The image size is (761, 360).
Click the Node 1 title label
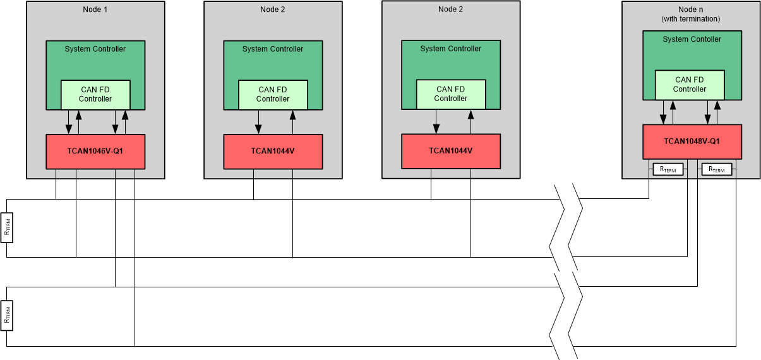tap(95, 9)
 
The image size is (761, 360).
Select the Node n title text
tap(690, 9)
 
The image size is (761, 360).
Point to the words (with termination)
tap(690, 19)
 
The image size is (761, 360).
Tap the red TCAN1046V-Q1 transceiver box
tap(95, 152)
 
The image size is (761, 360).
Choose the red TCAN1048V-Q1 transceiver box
tap(692, 141)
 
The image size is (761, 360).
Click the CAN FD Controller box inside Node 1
tap(95, 95)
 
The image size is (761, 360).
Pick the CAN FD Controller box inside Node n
tap(690, 85)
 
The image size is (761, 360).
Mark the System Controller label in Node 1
tap(95, 49)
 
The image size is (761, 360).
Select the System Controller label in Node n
tap(692, 39)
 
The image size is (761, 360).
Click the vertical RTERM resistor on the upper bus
tap(7, 228)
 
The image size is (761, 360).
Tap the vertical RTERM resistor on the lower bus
tap(7, 316)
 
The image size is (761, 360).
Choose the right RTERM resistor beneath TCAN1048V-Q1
tap(716, 169)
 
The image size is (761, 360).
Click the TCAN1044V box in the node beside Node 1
tap(273, 152)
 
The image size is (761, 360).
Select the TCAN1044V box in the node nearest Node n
tap(451, 151)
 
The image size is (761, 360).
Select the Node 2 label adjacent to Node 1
tap(273, 9)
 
